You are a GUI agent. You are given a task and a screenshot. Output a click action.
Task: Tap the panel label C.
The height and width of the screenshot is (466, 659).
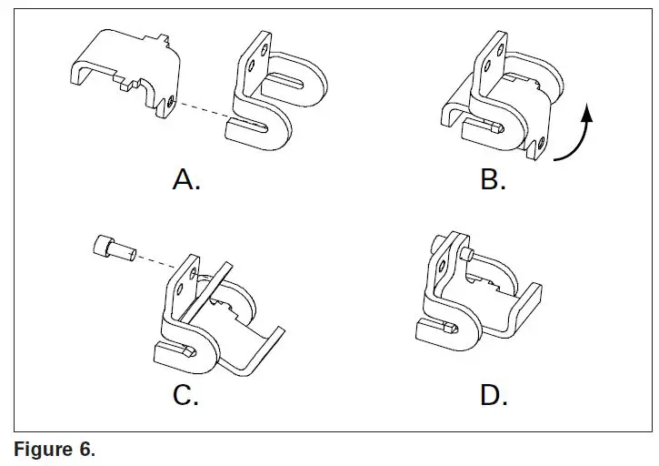(x=186, y=396)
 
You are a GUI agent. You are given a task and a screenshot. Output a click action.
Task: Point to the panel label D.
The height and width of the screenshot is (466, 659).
(x=493, y=396)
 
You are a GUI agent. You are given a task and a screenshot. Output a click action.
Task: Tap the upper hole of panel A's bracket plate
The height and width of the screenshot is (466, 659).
(x=265, y=55)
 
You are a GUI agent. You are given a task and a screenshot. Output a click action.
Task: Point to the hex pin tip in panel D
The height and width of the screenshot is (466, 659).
(x=453, y=325)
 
